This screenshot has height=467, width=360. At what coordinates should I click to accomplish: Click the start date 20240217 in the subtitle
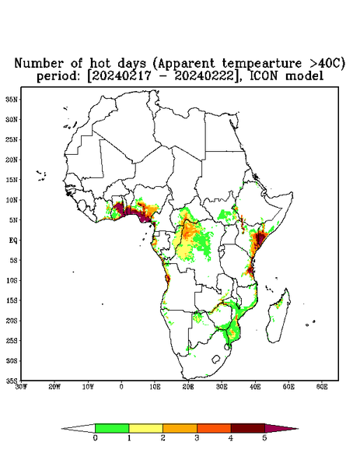click(x=122, y=76)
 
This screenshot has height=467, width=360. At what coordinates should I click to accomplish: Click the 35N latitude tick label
click(x=12, y=99)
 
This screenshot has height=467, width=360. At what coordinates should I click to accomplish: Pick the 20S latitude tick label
click(x=12, y=321)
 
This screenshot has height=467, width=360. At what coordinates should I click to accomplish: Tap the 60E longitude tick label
click(x=322, y=387)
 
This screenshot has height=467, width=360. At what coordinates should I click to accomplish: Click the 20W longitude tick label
click(x=54, y=387)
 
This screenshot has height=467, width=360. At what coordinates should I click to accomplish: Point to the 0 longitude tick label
click(x=121, y=387)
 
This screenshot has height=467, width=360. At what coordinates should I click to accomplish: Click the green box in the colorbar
click(x=112, y=428)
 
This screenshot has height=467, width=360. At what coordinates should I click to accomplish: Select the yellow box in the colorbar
click(x=145, y=428)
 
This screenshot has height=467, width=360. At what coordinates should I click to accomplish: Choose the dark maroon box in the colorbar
click(x=248, y=428)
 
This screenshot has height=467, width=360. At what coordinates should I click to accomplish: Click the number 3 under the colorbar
click(x=197, y=437)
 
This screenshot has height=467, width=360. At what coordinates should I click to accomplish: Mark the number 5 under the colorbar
click(x=264, y=437)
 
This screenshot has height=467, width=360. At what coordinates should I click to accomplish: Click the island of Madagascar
click(x=279, y=316)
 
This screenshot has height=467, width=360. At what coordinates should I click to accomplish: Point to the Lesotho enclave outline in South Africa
click(x=215, y=359)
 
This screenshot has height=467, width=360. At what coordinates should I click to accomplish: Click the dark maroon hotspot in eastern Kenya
click(x=260, y=238)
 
